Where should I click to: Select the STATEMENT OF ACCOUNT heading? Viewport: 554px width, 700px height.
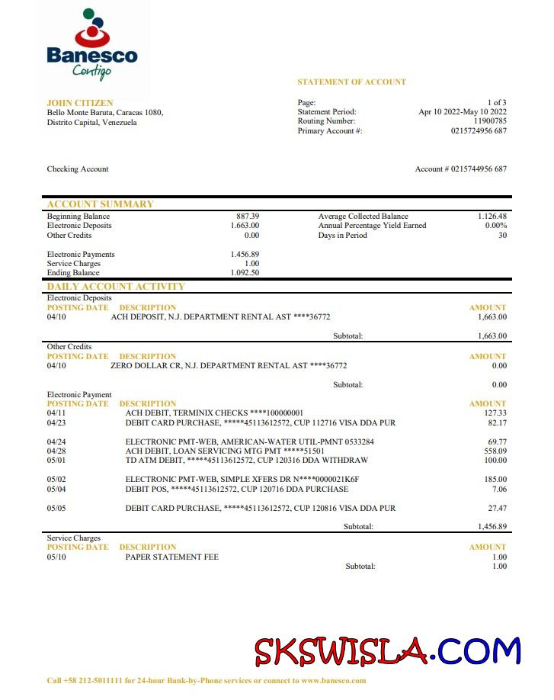tap(351, 82)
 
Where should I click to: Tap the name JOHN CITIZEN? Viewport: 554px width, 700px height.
tap(79, 102)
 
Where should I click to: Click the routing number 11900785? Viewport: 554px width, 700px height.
tap(490, 121)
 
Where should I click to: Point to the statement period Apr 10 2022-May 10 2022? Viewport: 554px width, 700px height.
tap(463, 112)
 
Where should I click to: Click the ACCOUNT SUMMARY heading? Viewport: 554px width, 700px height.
tap(100, 204)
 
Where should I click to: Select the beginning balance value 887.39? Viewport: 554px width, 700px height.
tap(248, 217)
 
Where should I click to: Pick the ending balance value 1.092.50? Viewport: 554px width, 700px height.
tap(245, 273)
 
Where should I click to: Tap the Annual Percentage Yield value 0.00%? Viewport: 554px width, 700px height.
tap(496, 226)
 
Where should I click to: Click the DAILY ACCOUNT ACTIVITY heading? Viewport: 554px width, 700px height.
tap(116, 287)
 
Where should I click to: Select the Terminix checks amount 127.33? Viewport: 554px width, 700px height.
tap(495, 413)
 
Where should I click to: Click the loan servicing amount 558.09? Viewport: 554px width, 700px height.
tap(495, 451)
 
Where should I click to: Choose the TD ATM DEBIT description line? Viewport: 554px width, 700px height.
tap(246, 461)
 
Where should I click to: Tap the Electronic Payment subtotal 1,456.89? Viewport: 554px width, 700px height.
tap(492, 527)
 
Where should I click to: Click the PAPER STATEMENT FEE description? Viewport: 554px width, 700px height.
tap(171, 557)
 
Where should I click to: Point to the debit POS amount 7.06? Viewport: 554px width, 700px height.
tap(499, 489)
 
